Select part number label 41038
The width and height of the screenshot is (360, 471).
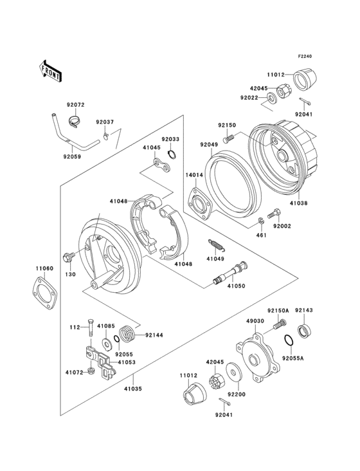[298, 203]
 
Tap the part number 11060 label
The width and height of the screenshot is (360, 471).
[44, 268]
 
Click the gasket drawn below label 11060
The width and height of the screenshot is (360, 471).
[44, 293]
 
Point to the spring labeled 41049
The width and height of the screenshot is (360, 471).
[216, 245]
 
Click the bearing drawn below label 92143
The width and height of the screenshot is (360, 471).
[302, 331]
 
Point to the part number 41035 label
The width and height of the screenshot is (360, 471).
[132, 389]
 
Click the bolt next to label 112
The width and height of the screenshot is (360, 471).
[90, 327]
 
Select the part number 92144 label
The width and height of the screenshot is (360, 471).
[155, 335]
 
